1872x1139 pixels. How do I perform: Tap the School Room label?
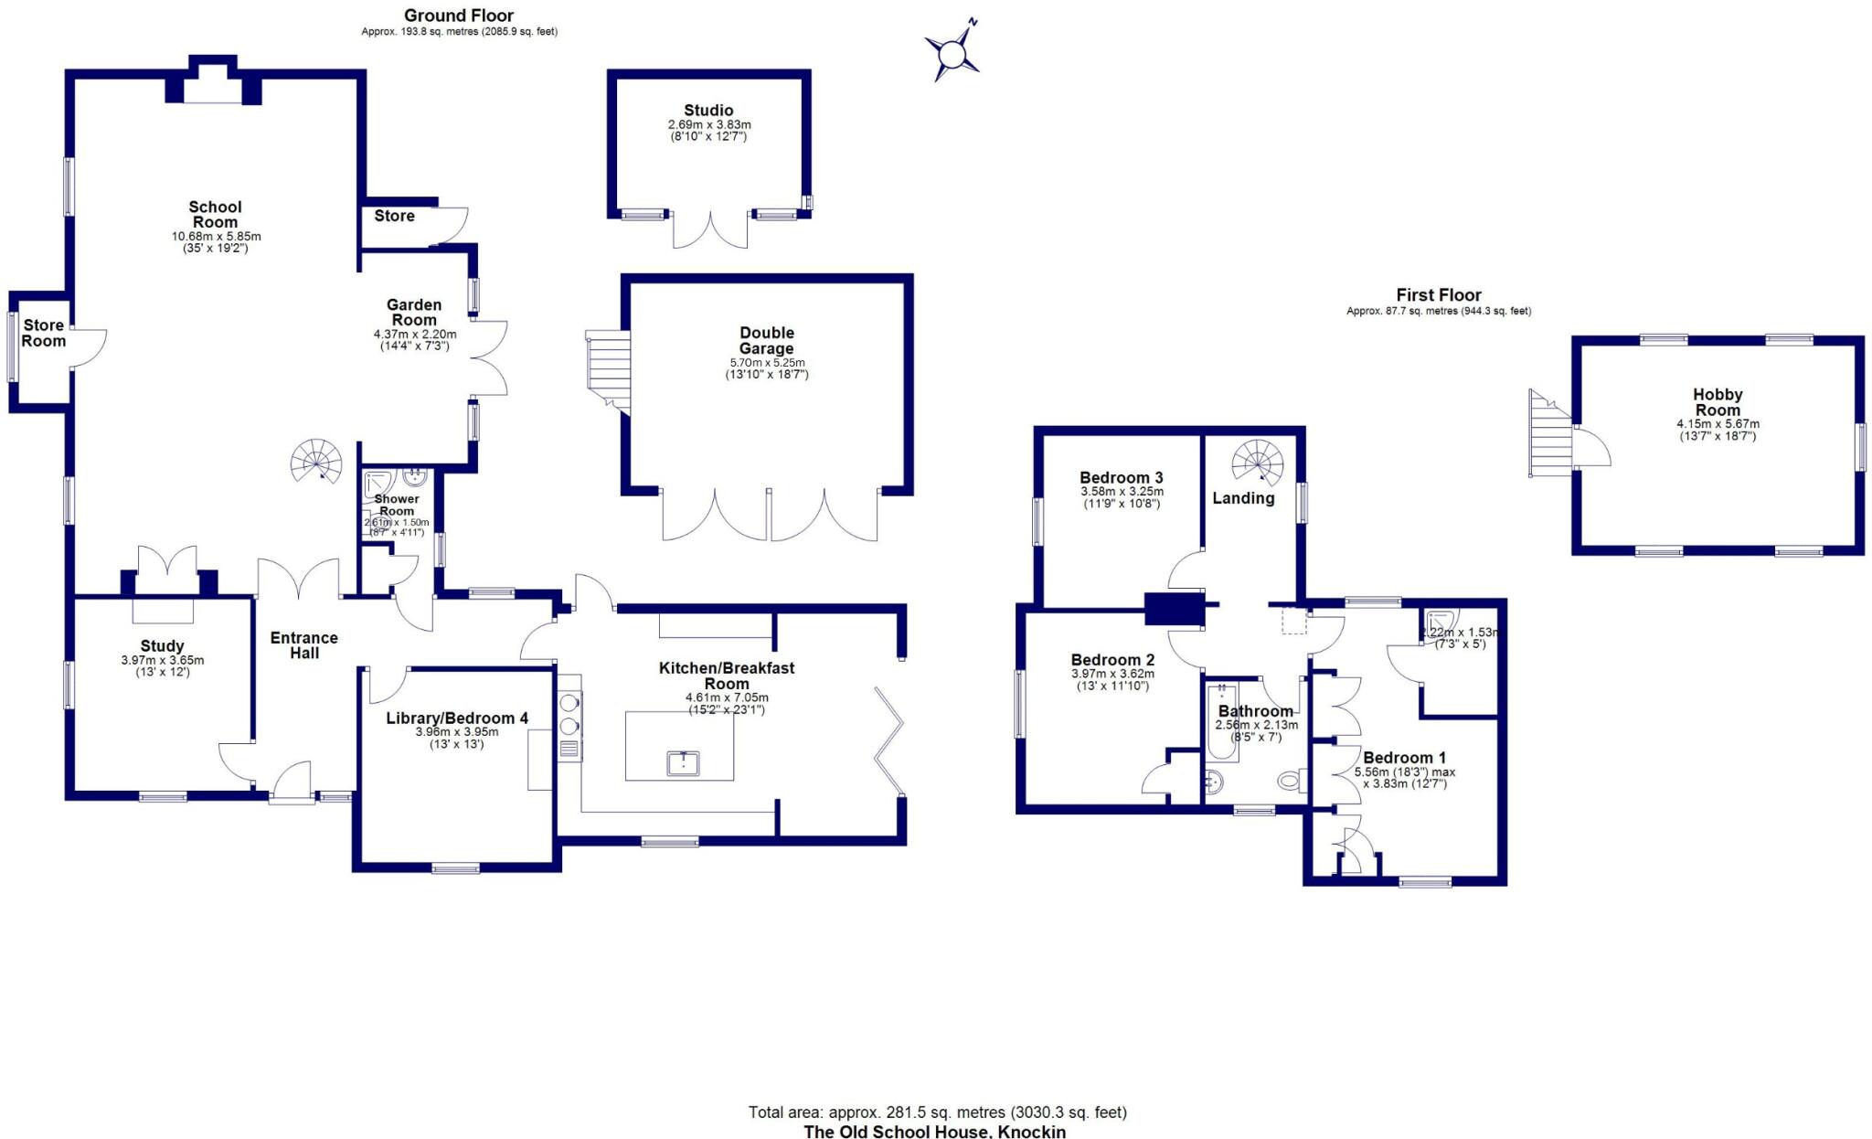pyautogui.click(x=215, y=215)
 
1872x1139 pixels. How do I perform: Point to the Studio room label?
pyautogui.click(x=708, y=111)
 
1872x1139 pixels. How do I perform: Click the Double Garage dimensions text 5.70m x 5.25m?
pyautogui.click(x=767, y=363)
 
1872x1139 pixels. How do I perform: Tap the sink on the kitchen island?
pyautogui.click(x=682, y=762)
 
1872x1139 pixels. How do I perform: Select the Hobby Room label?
pyautogui.click(x=1718, y=402)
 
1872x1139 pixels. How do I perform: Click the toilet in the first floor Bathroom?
pyautogui.click(x=1290, y=781)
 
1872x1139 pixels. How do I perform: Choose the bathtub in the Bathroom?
pyautogui.click(x=1221, y=722)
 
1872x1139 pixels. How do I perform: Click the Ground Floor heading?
pyautogui.click(x=459, y=16)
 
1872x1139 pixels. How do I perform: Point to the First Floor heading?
pyautogui.click(x=1438, y=295)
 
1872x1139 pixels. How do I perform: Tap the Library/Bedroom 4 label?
pyautogui.click(x=456, y=719)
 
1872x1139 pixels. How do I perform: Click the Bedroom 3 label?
pyautogui.click(x=1121, y=478)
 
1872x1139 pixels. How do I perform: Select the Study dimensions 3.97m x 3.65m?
pyautogui.click(x=162, y=660)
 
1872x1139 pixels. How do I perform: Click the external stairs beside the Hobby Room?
pyautogui.click(x=1549, y=433)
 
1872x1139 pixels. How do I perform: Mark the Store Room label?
pyautogui.click(x=44, y=333)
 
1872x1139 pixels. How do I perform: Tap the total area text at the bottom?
pyautogui.click(x=937, y=1112)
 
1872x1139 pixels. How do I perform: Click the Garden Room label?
pyautogui.click(x=414, y=313)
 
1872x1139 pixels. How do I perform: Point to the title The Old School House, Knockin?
pyautogui.click(x=934, y=1132)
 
